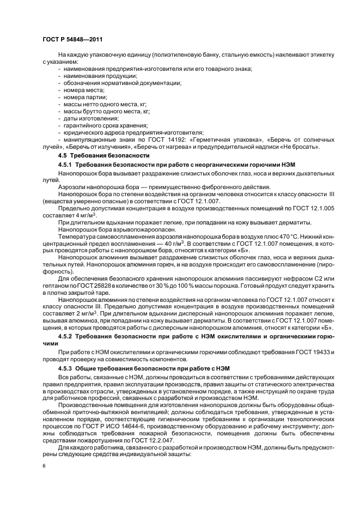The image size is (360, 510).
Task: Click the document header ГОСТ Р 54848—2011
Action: [x=72, y=40]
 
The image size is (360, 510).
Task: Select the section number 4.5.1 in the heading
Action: [x=65, y=164]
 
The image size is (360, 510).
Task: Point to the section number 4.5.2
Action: [x=65, y=336]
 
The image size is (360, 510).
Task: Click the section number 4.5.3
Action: [x=65, y=368]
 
